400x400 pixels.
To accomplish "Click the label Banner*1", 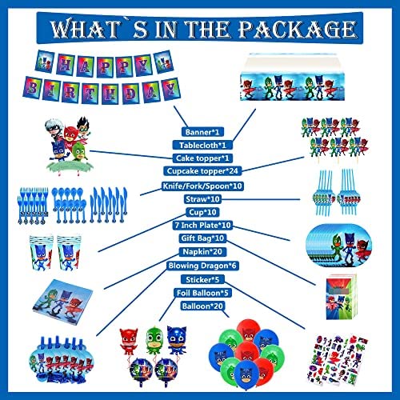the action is click(x=202, y=132).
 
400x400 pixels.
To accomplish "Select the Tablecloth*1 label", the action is click(x=202, y=145).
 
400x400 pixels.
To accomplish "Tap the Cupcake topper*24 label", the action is click(x=202, y=171).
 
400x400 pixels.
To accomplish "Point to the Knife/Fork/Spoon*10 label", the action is click(x=202, y=186).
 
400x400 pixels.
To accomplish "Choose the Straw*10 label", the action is click(x=202, y=199).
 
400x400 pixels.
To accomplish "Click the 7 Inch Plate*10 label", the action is click(x=202, y=225).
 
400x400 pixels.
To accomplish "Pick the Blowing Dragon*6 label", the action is click(x=202, y=266).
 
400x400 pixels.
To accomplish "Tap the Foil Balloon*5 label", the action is click(x=202, y=293).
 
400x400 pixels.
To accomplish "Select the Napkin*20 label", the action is click(x=202, y=251).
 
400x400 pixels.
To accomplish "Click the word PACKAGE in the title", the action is click(x=297, y=29).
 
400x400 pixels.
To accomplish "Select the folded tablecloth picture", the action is click(x=292, y=78).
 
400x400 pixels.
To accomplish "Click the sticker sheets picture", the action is click(x=338, y=359).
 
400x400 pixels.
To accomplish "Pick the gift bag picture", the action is click(x=342, y=297).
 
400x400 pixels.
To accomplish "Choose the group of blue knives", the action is click(x=108, y=205).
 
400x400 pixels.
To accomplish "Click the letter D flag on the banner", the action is click(x=131, y=94).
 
